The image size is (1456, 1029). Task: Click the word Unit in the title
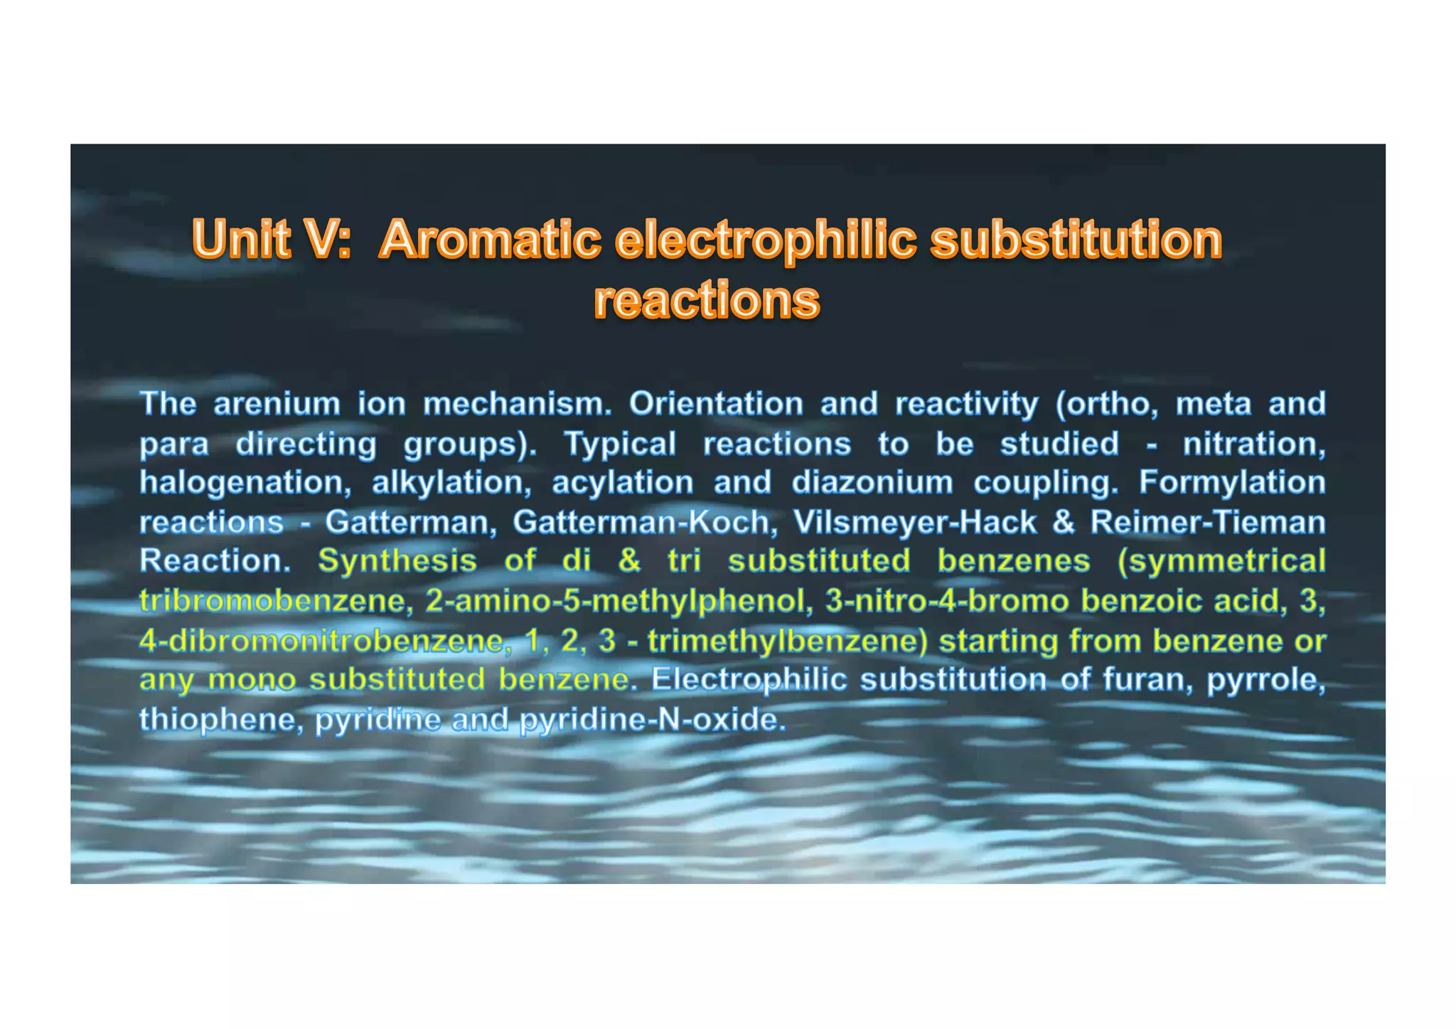pyautogui.click(x=242, y=239)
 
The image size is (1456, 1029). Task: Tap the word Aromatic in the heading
pyautogui.click(x=491, y=239)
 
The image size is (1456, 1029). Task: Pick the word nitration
pyautogui.click(x=1254, y=444)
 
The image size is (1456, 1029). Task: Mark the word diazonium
pyautogui.click(x=872, y=484)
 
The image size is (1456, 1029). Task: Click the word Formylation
pyautogui.click(x=1232, y=484)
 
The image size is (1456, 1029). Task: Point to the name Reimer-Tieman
pyautogui.click(x=1208, y=523)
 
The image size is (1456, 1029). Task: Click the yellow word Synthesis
pyautogui.click(x=397, y=562)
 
